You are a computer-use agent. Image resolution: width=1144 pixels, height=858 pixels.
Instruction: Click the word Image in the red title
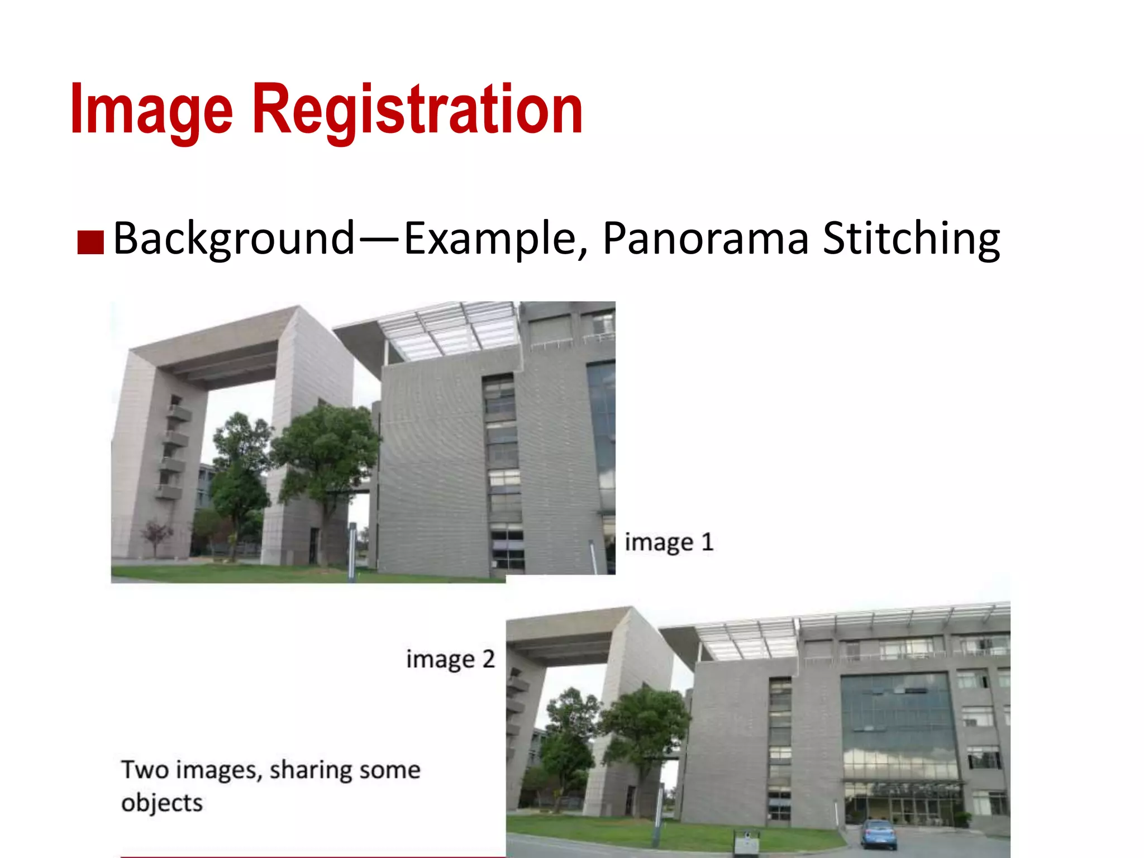click(151, 109)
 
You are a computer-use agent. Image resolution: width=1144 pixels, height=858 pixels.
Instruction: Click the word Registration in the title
click(418, 109)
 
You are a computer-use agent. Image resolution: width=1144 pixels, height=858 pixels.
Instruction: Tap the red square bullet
click(90, 242)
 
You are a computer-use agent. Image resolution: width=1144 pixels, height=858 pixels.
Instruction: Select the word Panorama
click(705, 239)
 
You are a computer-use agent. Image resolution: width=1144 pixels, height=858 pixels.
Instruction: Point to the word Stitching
click(911, 239)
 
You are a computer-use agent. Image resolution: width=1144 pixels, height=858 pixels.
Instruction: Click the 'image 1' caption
click(669, 542)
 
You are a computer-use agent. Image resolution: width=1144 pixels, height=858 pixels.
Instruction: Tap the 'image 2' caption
click(450, 660)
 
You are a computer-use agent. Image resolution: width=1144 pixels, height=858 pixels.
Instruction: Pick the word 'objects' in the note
click(162, 803)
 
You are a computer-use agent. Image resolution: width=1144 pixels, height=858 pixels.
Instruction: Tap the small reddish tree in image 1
click(156, 535)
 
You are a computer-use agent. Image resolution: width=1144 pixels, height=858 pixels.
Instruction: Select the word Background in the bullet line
click(234, 239)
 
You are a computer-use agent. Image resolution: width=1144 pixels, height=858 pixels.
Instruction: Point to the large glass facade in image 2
click(898, 726)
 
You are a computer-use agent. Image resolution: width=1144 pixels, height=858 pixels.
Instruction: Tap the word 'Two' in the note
click(145, 770)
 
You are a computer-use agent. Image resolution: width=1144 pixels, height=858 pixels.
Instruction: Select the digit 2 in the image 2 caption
click(488, 660)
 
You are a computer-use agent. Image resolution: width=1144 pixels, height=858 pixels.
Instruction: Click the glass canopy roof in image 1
click(447, 330)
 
